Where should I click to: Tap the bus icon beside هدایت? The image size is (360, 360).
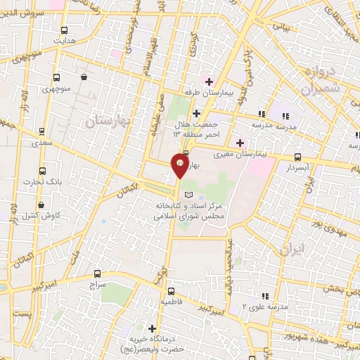pyautogui.click(x=64, y=31)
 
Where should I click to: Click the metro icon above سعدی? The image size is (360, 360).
pyautogui.click(x=43, y=131)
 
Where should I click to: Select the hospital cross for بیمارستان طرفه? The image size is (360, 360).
pyautogui.click(x=209, y=81)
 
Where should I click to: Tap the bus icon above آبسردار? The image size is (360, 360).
pyautogui.click(x=298, y=157)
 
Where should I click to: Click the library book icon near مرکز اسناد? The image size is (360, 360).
pyautogui.click(x=187, y=193)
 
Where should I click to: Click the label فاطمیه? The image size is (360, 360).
pyautogui.click(x=171, y=301)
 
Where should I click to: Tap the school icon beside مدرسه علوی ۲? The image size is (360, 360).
pyautogui.click(x=264, y=296)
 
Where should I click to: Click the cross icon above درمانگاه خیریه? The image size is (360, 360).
pyautogui.click(x=152, y=328)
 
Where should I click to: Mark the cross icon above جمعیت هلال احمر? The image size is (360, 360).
pyautogui.click(x=196, y=112)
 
